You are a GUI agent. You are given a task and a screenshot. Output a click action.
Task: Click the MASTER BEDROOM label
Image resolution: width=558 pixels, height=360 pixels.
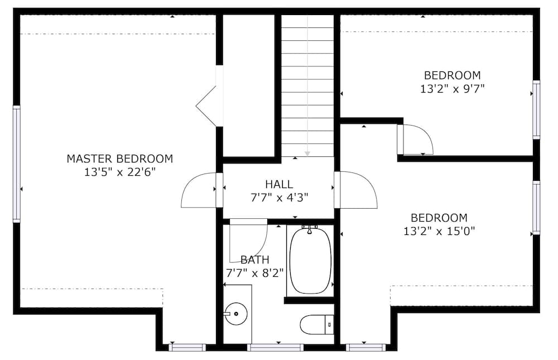pos(119,159)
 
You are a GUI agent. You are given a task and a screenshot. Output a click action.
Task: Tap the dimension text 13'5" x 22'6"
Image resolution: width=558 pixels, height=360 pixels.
pos(119,172)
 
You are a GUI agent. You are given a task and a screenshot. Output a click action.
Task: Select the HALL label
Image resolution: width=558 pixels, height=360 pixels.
pos(279,184)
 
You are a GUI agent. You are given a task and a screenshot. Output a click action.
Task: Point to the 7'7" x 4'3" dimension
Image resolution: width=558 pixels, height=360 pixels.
pos(279,197)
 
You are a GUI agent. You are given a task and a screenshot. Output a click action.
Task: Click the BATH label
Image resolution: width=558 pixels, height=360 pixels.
pos(255,260)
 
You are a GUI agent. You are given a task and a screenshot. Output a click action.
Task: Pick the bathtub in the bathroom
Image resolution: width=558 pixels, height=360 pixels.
pos(310,260)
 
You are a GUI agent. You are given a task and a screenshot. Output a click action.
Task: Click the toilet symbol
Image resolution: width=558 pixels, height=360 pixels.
pos(316,324)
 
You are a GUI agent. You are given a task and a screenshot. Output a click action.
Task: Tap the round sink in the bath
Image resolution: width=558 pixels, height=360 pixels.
pos(235,314)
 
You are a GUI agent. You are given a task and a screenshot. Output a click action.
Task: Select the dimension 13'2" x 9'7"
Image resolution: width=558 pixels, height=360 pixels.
pos(452,88)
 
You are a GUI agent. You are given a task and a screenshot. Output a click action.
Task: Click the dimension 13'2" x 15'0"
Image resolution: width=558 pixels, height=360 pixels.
pos(439,231)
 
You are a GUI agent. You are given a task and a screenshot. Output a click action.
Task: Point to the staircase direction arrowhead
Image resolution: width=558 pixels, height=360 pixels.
pos(307,153)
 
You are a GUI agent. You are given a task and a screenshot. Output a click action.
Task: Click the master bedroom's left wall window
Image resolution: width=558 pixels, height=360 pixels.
pos(17,164)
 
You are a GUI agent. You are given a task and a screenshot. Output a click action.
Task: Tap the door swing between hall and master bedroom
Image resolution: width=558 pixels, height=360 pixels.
pos(198,191)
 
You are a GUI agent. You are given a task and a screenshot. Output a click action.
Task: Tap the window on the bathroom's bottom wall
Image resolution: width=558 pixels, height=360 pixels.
pos(275,347)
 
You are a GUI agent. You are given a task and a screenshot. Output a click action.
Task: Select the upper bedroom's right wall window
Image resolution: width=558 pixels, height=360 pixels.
pos(536,109)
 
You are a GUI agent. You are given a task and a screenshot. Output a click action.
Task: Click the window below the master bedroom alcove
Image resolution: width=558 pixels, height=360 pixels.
pos(187,347)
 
